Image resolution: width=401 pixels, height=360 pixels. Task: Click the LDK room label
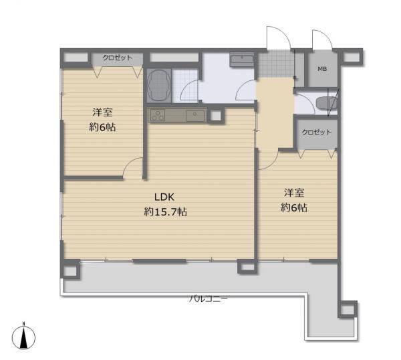164,197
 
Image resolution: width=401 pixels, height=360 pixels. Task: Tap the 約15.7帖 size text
166,211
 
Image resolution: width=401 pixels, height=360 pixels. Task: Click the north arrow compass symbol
23,337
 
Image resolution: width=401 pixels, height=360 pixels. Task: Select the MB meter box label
322,69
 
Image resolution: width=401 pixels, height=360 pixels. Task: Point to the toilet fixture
327,103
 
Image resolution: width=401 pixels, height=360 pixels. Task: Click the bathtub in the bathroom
158,86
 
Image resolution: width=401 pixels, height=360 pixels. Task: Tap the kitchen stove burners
158,116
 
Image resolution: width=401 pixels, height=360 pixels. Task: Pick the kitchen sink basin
195,116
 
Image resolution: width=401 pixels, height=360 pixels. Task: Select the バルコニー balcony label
208,298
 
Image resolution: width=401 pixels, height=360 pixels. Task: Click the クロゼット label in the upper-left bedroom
118,58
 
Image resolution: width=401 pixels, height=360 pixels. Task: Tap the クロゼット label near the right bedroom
317,132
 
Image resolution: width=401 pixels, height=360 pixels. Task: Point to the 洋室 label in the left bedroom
102,112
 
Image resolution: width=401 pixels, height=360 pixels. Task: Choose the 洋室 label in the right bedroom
294,193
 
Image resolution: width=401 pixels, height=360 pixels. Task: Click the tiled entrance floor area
275,64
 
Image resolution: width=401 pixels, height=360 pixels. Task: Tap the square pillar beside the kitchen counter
216,116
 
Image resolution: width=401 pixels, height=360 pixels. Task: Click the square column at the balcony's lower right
347,309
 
